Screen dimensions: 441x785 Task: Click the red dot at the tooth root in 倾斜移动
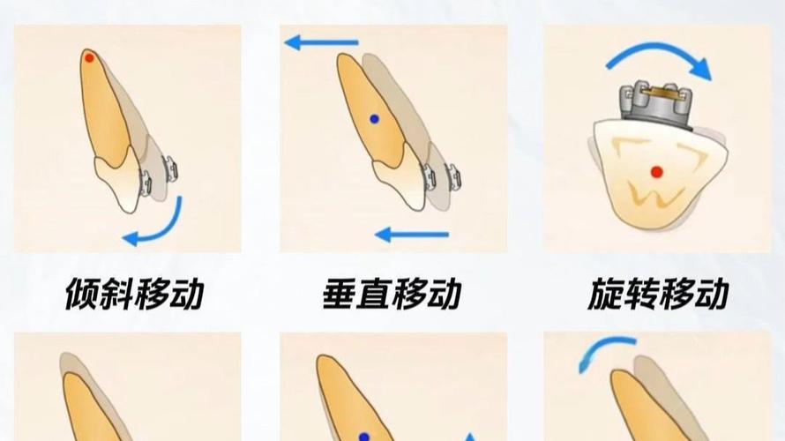[89, 57]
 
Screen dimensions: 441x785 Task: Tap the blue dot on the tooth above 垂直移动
[374, 118]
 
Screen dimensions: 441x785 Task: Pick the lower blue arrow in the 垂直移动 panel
[412, 235]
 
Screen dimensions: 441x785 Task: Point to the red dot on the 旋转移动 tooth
[655, 170]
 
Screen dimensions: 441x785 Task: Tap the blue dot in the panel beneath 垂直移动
[363, 437]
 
